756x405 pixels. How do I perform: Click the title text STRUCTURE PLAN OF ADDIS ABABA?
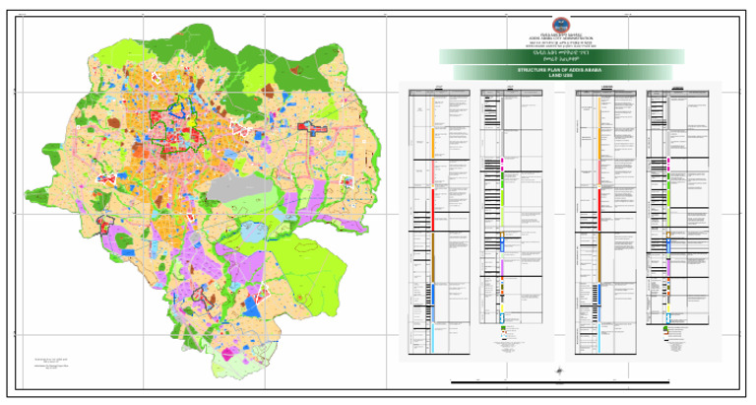564,71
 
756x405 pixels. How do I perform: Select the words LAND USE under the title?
564,76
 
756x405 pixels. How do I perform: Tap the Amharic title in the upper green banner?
564,55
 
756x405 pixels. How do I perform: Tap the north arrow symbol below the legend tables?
560,371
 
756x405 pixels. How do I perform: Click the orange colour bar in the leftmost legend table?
432,138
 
